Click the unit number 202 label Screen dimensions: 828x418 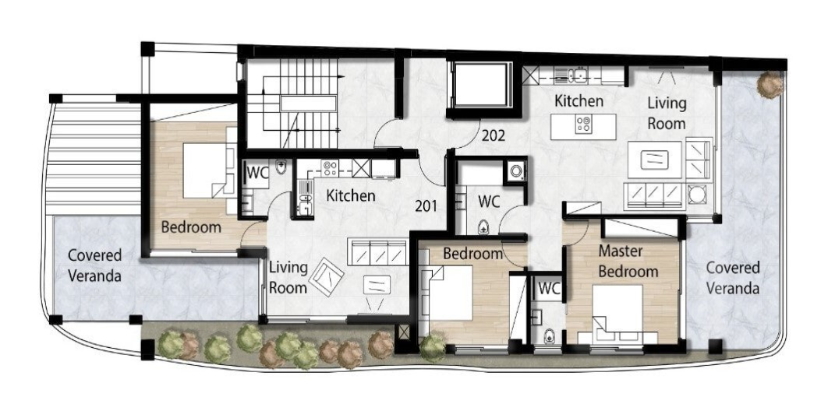[x=494, y=135]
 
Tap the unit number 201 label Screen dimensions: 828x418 [x=426, y=205]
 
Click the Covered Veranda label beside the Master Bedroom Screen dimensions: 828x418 [x=733, y=278]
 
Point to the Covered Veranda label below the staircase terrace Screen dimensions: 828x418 [x=94, y=265]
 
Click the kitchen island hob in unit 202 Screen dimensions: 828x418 [x=583, y=125]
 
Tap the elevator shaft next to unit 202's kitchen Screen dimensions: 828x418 [x=480, y=85]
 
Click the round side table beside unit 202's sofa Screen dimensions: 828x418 [x=697, y=195]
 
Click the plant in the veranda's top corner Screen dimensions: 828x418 [x=770, y=84]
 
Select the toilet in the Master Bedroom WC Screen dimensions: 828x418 [x=549, y=335]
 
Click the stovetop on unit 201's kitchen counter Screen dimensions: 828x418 [x=331, y=168]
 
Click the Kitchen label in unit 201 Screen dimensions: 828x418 [x=351, y=195]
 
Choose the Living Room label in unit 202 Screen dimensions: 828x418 [x=667, y=114]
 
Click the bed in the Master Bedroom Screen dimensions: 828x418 [x=617, y=314]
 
